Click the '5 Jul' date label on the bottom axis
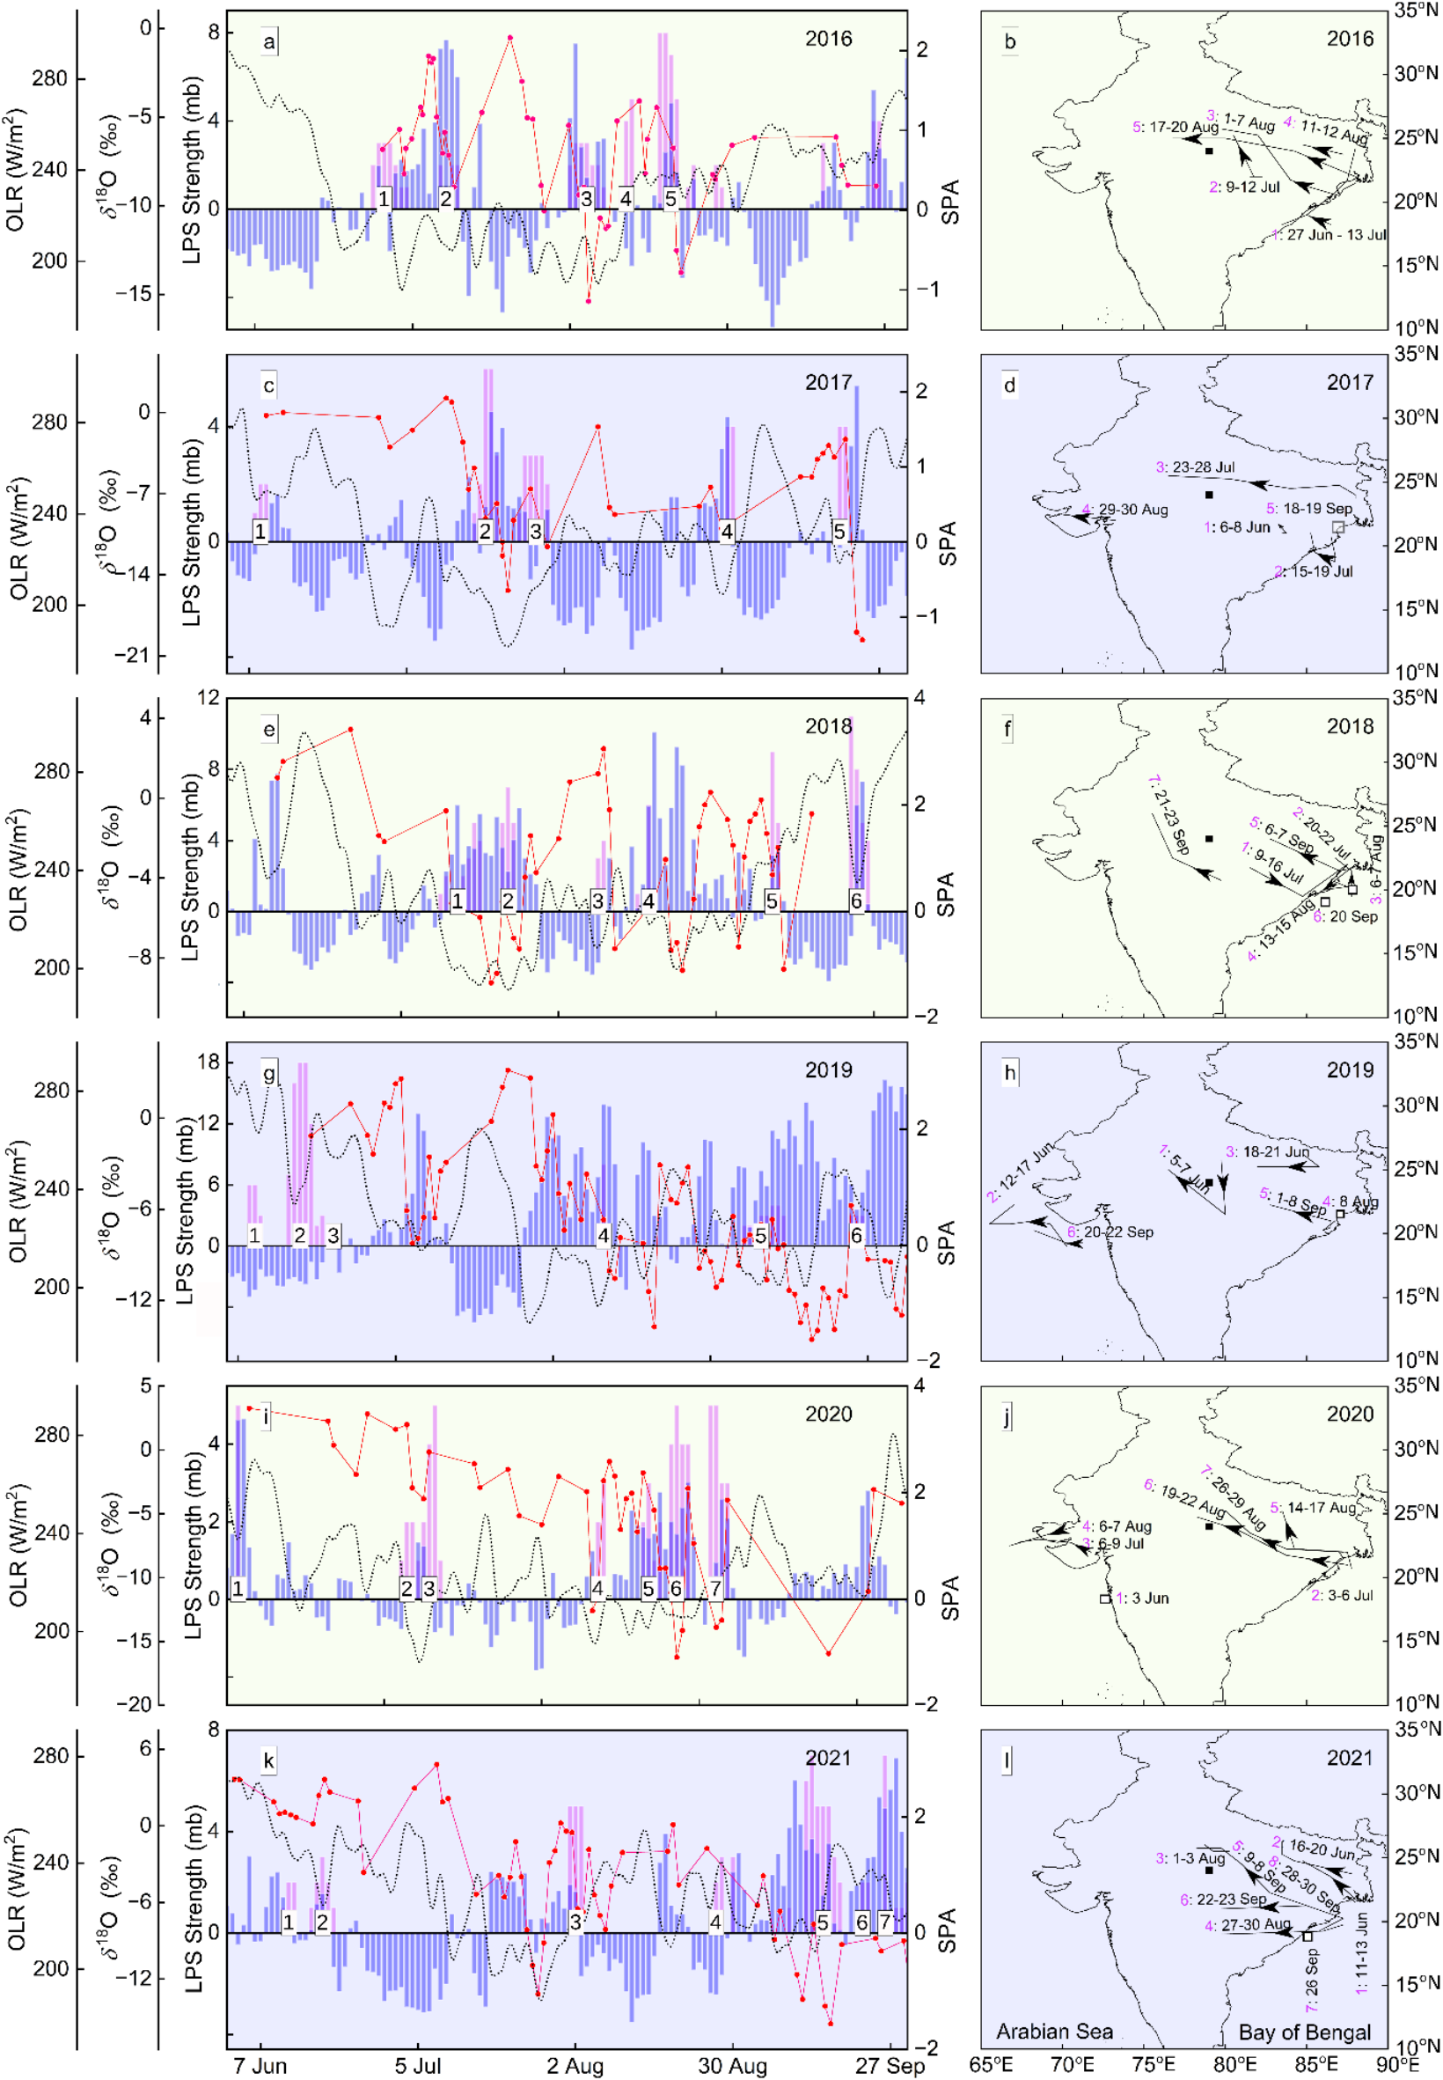[418, 2066]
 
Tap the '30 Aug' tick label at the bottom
[732, 2066]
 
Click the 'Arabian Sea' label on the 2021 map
[1054, 2032]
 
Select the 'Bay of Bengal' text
[1304, 2032]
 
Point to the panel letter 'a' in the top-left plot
[269, 40]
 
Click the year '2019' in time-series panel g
[828, 1069]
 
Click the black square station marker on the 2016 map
[1209, 151]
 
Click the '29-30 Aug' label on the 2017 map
[1133, 509]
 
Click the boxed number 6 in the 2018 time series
[855, 900]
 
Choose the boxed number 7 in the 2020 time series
[715, 1588]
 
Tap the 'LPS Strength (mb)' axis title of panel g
[186, 1211]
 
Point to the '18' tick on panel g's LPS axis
[209, 1061]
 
